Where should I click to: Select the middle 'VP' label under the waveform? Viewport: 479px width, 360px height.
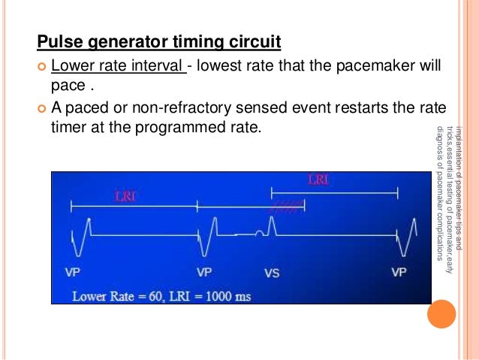click(x=204, y=272)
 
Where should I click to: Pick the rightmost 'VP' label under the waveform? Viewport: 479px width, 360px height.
click(x=399, y=272)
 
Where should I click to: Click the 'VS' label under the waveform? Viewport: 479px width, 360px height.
click(x=272, y=273)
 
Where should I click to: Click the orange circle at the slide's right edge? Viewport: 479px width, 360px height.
click(x=441, y=313)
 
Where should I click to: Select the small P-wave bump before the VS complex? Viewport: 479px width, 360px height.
click(x=259, y=232)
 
